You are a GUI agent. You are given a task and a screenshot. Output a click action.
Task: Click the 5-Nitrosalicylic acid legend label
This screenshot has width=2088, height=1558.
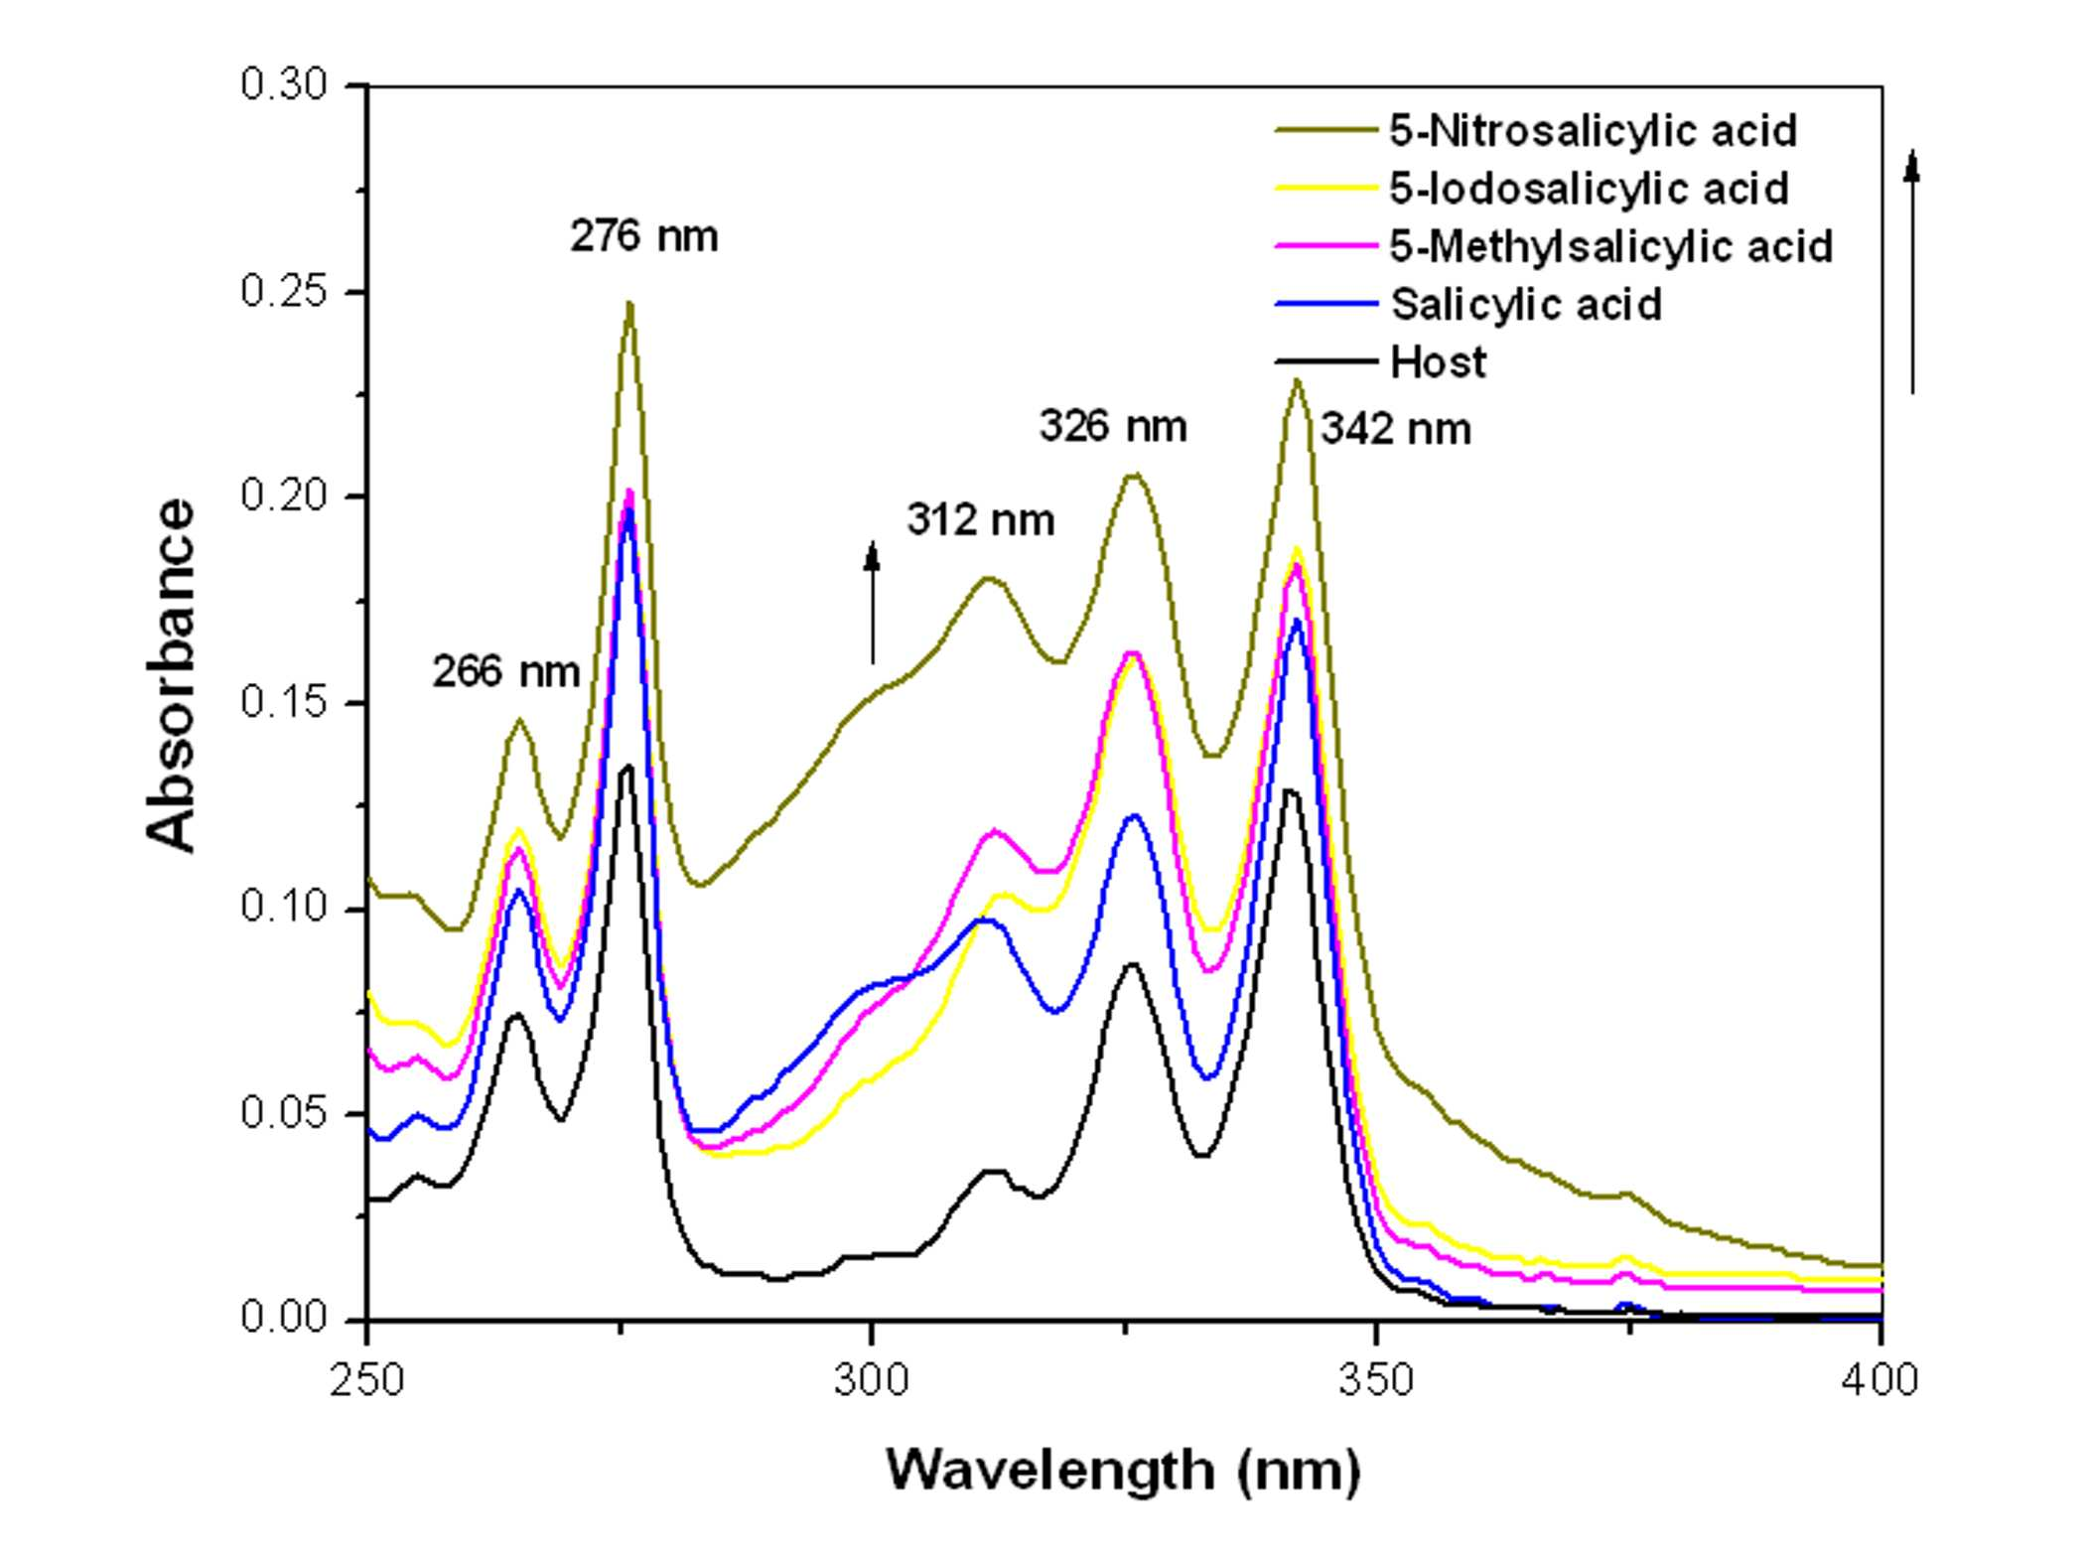click(1593, 131)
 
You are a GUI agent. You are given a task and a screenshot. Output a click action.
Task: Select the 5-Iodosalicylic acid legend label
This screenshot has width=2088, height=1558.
click(1589, 189)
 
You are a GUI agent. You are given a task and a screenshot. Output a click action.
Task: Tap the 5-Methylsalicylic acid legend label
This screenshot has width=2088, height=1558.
click(1610, 246)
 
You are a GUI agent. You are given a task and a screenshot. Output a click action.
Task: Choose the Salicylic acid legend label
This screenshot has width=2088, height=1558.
click(1526, 304)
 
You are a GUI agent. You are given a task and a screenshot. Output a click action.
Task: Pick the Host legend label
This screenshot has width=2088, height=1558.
click(1439, 362)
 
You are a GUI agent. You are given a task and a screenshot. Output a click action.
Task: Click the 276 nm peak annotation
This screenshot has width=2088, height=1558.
click(643, 236)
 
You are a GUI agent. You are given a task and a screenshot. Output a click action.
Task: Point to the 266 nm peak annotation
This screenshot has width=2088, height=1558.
click(505, 672)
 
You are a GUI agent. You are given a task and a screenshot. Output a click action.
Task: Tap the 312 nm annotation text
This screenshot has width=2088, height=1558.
click(980, 520)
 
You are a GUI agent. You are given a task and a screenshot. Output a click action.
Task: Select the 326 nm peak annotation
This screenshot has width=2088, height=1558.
click(1113, 426)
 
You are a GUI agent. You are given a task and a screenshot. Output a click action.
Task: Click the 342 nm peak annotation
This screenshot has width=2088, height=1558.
click(1396, 429)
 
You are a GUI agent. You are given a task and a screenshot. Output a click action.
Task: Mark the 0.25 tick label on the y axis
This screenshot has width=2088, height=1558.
click(284, 291)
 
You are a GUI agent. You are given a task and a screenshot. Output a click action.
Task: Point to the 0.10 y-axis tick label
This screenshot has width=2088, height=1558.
click(284, 907)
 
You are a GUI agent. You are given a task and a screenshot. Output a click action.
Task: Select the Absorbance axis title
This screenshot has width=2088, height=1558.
click(170, 675)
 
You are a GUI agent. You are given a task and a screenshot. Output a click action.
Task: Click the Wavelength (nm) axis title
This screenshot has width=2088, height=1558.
click(1123, 1471)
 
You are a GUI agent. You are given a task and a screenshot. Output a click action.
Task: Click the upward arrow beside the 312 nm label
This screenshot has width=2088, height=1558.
click(873, 603)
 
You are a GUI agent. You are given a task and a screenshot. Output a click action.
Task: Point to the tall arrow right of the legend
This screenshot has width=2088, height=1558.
click(1912, 271)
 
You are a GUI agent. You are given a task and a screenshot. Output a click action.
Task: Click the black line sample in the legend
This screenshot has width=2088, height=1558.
click(1326, 361)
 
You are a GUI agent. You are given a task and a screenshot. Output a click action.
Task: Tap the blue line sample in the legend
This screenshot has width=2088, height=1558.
click(1326, 304)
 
